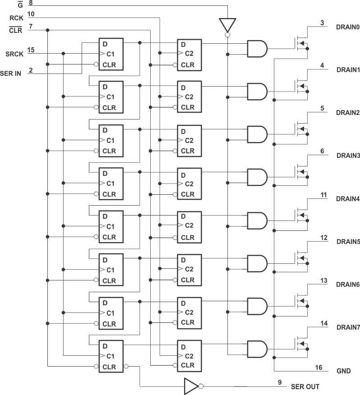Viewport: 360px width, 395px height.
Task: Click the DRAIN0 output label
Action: [x=348, y=27]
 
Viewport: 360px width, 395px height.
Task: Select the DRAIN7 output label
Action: [x=348, y=328]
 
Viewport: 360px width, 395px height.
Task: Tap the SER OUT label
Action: [x=305, y=386]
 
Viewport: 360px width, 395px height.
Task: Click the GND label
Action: [x=343, y=371]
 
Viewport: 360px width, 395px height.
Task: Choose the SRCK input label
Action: [x=13, y=53]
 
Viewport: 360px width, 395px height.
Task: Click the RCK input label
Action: [x=16, y=18]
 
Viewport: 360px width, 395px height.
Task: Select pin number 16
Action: [x=318, y=368]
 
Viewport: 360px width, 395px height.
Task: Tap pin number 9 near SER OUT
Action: [x=280, y=383]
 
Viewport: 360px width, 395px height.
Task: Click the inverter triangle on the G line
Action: [x=227, y=25]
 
